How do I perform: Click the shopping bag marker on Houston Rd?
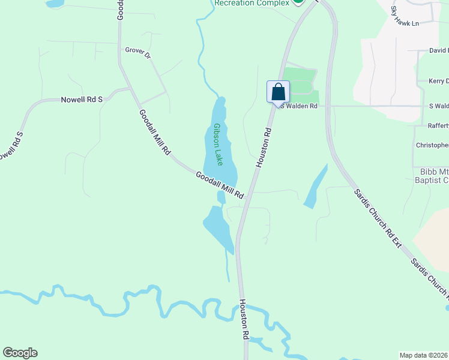(x=278, y=92)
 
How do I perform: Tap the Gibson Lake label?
(x=218, y=145)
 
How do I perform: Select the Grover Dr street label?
(x=137, y=52)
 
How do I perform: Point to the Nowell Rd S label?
(x=82, y=100)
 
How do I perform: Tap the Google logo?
(x=20, y=353)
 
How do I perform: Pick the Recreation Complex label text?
(x=252, y=3)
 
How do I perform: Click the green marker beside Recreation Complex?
(x=297, y=2)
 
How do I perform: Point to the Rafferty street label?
(x=438, y=126)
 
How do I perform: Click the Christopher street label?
(x=432, y=145)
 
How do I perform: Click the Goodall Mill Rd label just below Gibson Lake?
(x=220, y=185)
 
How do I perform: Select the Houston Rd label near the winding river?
(x=245, y=320)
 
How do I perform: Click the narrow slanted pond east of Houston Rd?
(x=316, y=187)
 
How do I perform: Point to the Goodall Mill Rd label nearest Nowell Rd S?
(x=155, y=133)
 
